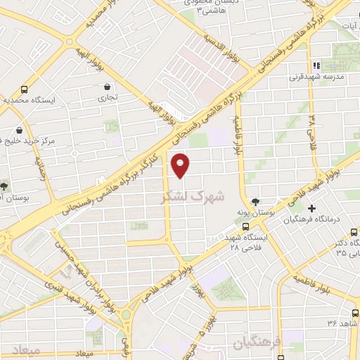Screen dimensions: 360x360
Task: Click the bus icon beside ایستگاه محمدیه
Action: (25, 90)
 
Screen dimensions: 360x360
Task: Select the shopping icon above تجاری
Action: (105, 86)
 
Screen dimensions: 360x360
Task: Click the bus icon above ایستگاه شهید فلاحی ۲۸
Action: (245, 226)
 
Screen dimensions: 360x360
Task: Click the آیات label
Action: (348, 26)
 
